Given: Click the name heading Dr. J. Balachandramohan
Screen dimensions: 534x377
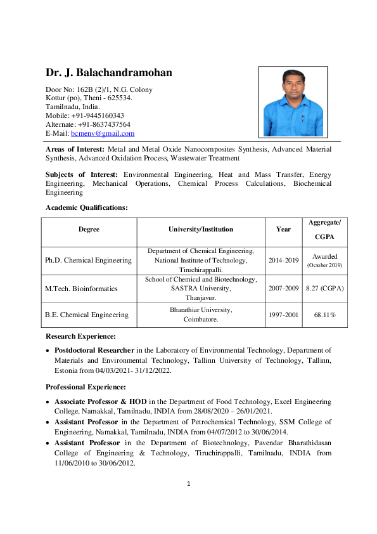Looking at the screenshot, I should pyautogui.click(x=108, y=73).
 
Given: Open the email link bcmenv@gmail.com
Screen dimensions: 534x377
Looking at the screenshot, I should pyautogui.click(x=103, y=133).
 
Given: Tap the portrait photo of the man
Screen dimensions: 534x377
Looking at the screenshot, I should pyautogui.click(x=292, y=101).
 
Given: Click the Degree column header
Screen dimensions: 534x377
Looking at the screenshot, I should pyautogui.click(x=89, y=230).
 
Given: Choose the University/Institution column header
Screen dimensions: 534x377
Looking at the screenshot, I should pyautogui.click(x=200, y=230).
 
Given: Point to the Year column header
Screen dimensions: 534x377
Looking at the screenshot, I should pyautogui.click(x=283, y=230).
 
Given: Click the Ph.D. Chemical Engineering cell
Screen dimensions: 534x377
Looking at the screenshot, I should pyautogui.click(x=88, y=260).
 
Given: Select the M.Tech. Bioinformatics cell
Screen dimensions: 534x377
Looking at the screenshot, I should pyautogui.click(x=81, y=289).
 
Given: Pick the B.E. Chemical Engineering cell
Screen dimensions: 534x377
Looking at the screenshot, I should pyautogui.click(x=86, y=315).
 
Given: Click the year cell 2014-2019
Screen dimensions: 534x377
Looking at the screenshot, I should pyautogui.click(x=283, y=260).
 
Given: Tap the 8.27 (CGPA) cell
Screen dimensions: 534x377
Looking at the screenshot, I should pyautogui.click(x=324, y=289).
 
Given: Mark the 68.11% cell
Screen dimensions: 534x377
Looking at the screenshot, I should pyautogui.click(x=324, y=315).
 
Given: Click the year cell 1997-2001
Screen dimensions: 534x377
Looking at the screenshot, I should pyautogui.click(x=283, y=315).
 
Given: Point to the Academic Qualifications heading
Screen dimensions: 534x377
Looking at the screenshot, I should pyautogui.click(x=86, y=207).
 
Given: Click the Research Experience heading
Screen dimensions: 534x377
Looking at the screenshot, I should pyautogui.click(x=80, y=336).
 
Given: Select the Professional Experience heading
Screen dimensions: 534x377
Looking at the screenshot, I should pyautogui.click(x=86, y=387).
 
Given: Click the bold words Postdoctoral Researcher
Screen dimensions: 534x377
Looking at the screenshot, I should pyautogui.click(x=94, y=350).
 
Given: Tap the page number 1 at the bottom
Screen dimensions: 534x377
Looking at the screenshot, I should pyautogui.click(x=188, y=484).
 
